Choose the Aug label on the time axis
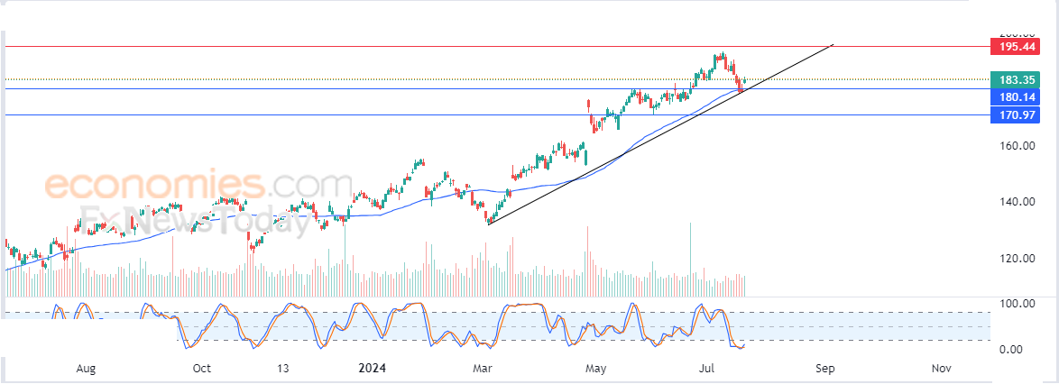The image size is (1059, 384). click(85, 369)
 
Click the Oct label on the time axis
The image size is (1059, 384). click(201, 369)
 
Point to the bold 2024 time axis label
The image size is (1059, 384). click(373, 369)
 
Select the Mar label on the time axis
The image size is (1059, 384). click(482, 369)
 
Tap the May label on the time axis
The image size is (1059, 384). click(594, 369)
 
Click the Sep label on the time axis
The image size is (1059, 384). click(824, 369)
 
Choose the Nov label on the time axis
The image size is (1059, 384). click(941, 369)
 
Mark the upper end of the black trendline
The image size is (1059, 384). click(833, 43)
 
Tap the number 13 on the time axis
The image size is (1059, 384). click(282, 369)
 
